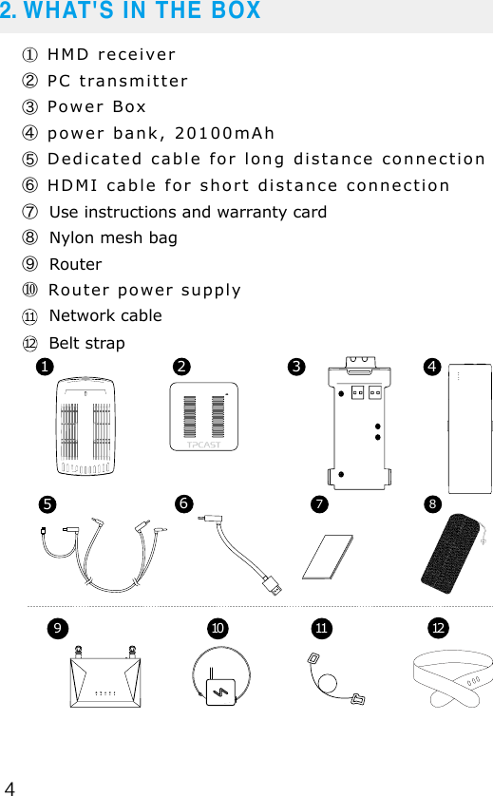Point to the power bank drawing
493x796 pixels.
point(468,428)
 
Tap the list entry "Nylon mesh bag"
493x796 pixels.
point(112,237)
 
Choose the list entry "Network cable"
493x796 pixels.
point(104,315)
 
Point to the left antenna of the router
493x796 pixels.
point(80,654)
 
